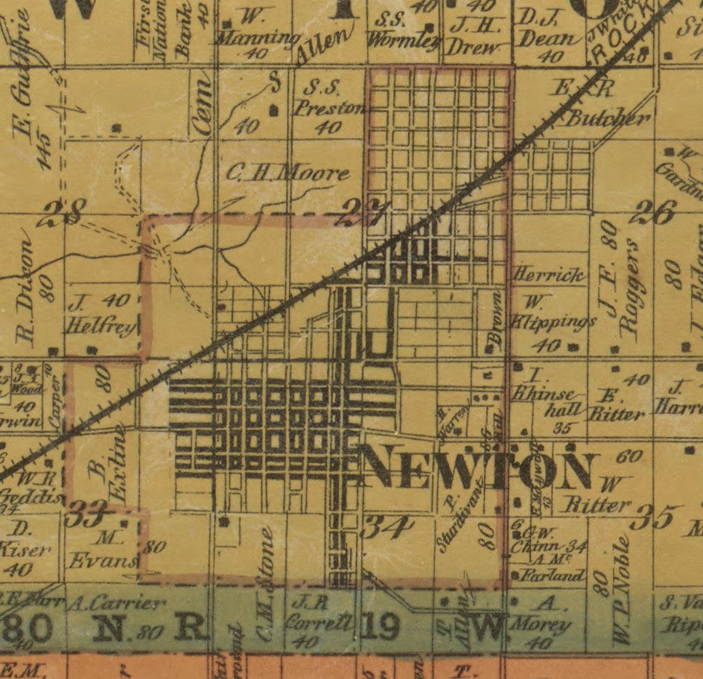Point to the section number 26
pyautogui.click(x=652, y=214)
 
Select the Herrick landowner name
pyautogui.click(x=549, y=275)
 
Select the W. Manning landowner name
pyautogui.click(x=264, y=30)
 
